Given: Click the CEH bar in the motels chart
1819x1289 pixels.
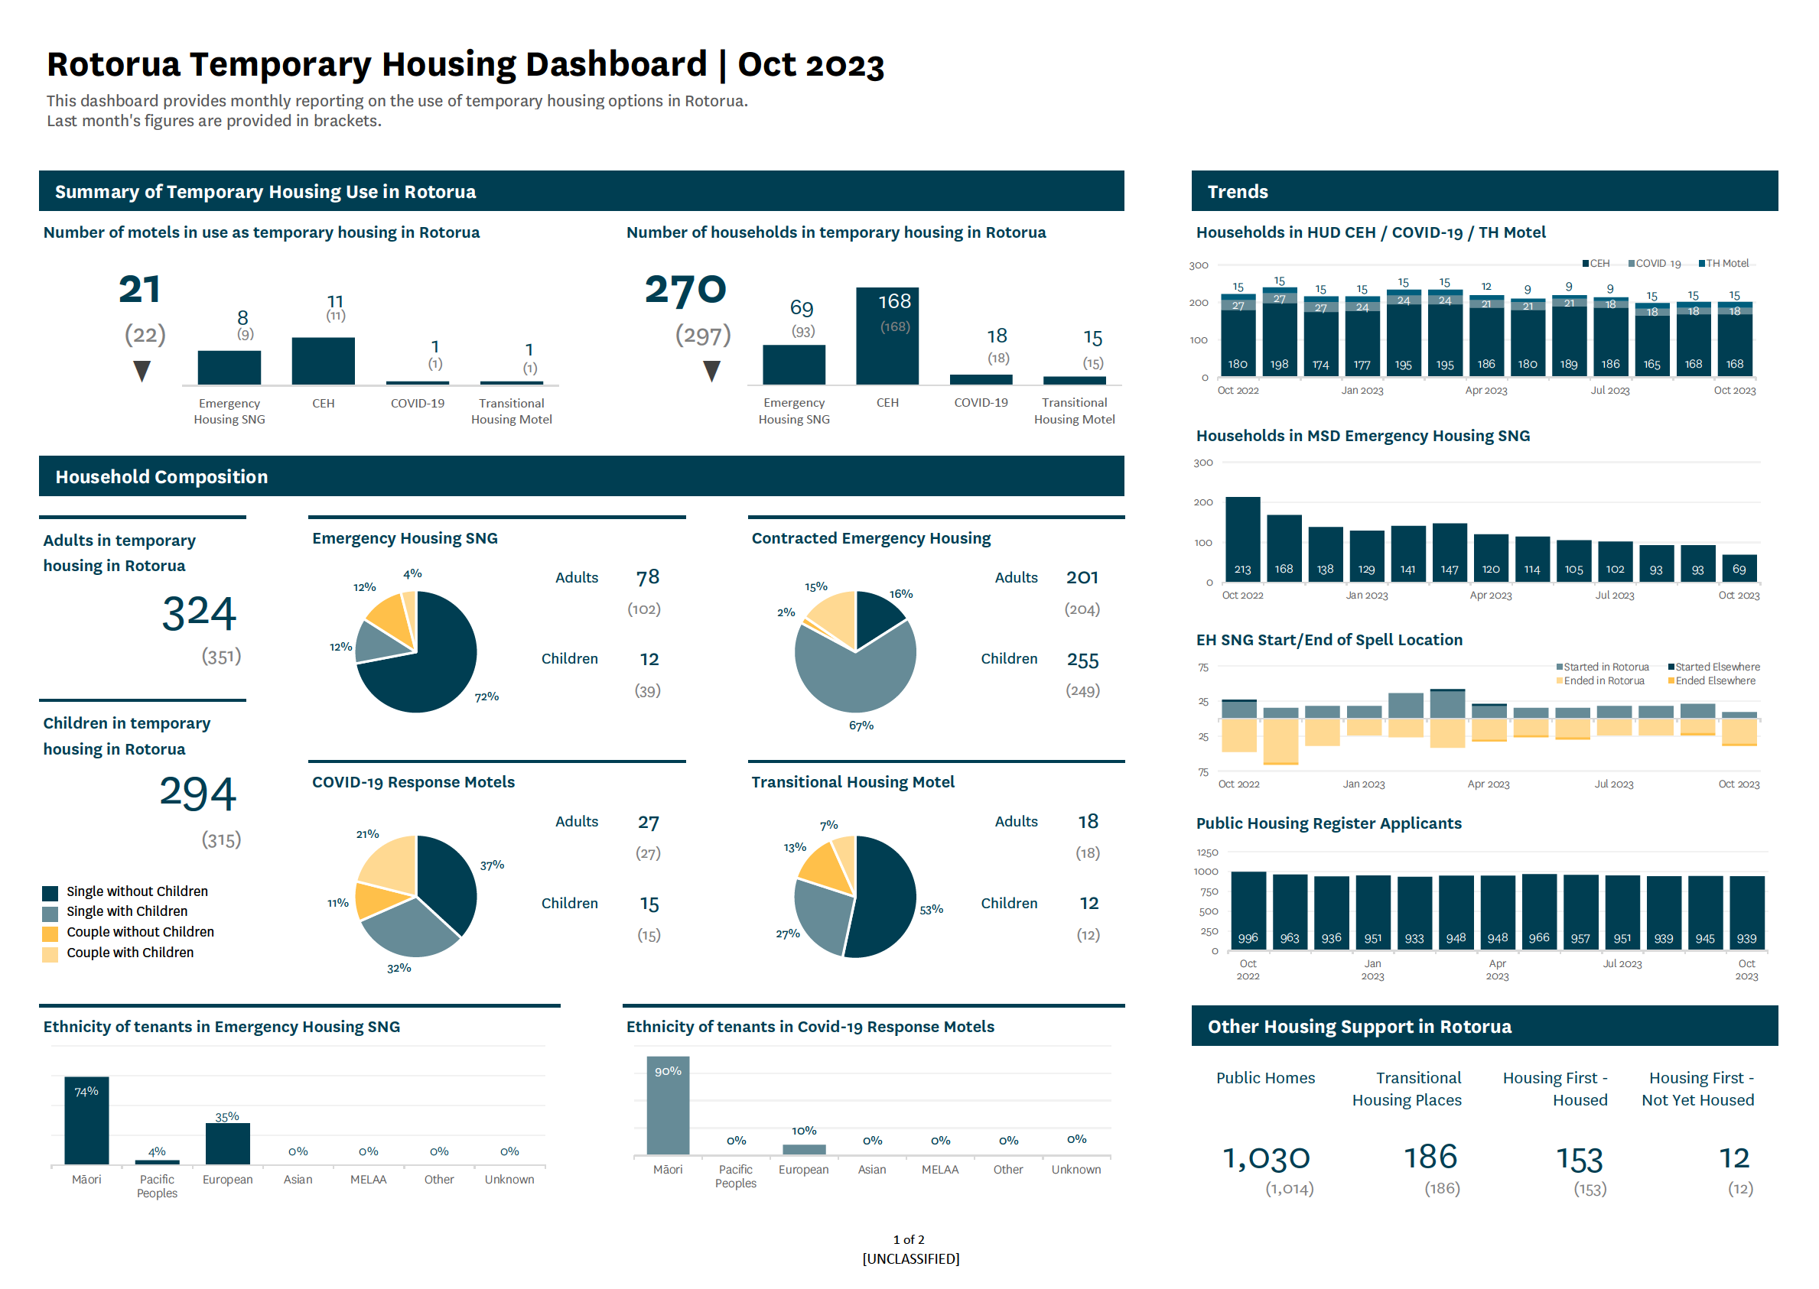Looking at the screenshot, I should pos(323,361).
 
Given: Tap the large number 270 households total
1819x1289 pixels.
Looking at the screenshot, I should pos(685,290).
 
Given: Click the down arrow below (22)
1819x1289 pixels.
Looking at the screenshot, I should pos(142,372).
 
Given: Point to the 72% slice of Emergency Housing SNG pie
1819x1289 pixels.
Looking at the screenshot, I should pos(429,670).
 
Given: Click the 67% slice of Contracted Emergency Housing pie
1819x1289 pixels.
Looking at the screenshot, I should pos(854,674).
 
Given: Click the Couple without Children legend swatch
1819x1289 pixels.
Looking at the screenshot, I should pos(50,933).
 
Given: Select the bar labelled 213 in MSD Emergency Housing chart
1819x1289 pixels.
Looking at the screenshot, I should pos(1242,540).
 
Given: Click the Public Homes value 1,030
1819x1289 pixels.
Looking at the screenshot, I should pos(1266,1159).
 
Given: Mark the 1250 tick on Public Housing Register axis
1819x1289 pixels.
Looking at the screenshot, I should pos(1208,852).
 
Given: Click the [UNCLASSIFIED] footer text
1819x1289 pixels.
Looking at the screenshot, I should pos(910,1259).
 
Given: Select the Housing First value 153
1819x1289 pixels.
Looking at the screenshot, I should pos(1580,1161).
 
